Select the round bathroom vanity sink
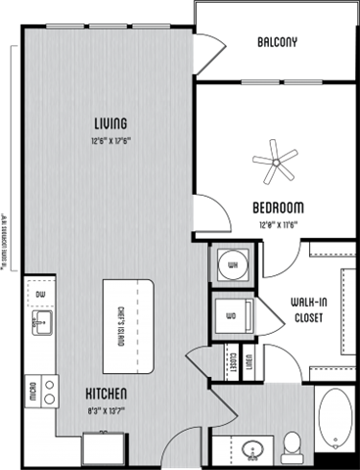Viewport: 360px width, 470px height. pyautogui.click(x=251, y=450)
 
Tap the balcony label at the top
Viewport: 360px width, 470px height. pyautogui.click(x=276, y=42)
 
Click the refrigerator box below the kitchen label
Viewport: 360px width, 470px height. pyautogui.click(x=101, y=448)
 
